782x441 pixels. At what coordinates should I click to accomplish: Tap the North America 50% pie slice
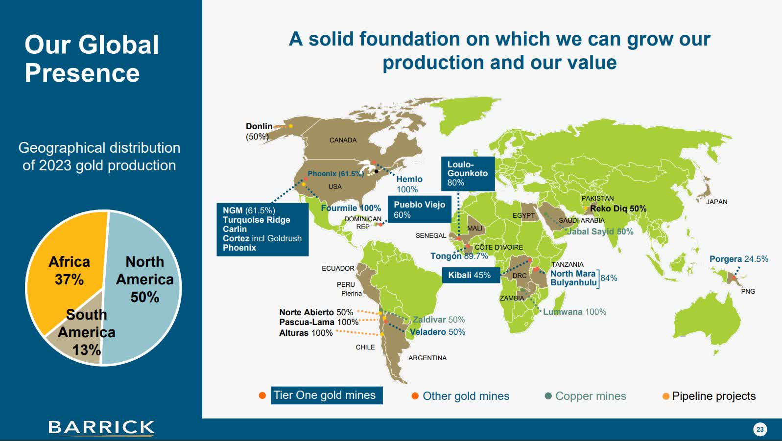tap(144, 279)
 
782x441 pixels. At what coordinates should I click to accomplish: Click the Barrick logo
tap(101, 428)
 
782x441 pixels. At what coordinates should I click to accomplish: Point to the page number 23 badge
tap(759, 429)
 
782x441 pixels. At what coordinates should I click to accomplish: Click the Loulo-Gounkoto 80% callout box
tap(468, 174)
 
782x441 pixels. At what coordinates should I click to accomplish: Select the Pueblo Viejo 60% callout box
tap(419, 209)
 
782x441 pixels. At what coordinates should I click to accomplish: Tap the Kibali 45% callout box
tap(470, 275)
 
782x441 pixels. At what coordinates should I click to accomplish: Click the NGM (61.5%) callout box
tap(262, 229)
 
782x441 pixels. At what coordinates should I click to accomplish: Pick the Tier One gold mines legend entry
tap(325, 395)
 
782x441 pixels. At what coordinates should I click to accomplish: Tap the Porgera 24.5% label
tap(738, 259)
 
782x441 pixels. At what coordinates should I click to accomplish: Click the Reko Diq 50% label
tap(618, 209)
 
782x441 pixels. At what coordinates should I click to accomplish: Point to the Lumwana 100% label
tap(574, 312)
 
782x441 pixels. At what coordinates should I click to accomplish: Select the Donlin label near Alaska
tap(259, 126)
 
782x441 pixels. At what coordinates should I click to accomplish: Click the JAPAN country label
tap(716, 202)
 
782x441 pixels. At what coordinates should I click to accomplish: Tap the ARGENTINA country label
tap(427, 358)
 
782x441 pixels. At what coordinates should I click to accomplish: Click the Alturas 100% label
tap(306, 333)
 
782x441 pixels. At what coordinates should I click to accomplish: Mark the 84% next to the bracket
tap(609, 278)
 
